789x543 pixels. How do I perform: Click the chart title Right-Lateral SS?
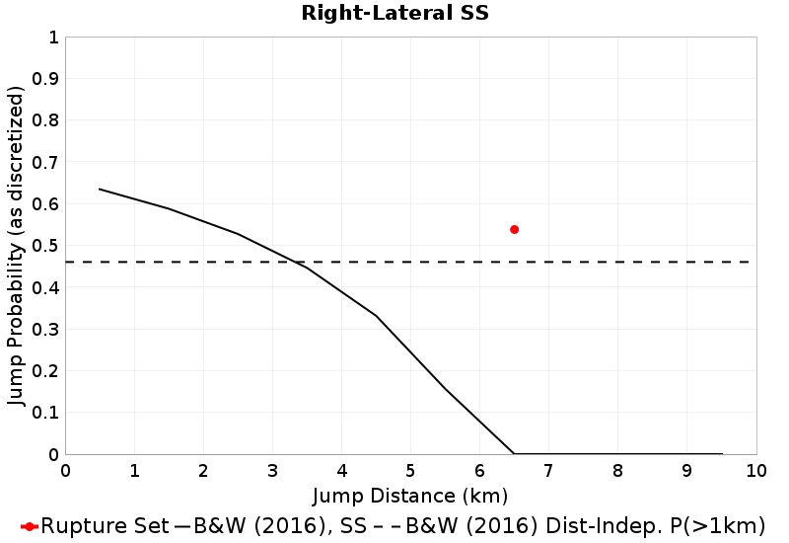click(x=394, y=14)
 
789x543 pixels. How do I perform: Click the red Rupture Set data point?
click(x=514, y=229)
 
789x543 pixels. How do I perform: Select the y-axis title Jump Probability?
click(x=16, y=246)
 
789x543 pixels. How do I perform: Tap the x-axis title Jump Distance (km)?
click(x=410, y=495)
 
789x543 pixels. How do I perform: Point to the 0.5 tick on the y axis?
click(x=46, y=246)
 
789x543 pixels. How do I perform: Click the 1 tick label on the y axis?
click(x=52, y=38)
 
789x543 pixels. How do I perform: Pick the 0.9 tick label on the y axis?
click(x=46, y=79)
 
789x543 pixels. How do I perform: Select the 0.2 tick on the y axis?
click(x=46, y=371)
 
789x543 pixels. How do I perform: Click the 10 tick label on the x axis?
click(x=755, y=470)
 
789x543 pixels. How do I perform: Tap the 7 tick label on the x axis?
click(x=548, y=470)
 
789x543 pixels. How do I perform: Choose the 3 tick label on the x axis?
click(x=272, y=470)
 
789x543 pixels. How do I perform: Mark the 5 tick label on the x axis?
click(x=410, y=470)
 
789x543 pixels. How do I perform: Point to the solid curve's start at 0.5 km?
click(x=100, y=189)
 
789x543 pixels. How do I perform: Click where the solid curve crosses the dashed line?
click(x=295, y=262)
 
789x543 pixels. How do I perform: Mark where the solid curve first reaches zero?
click(x=514, y=454)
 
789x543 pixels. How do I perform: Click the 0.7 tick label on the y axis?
click(x=46, y=163)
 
